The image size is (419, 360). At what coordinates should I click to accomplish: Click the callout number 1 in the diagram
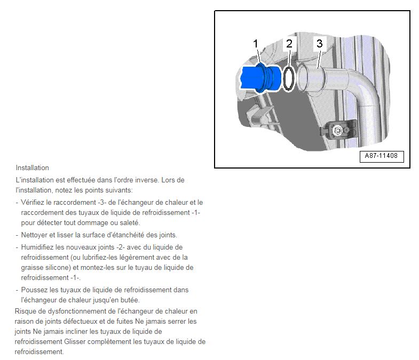pos(256,44)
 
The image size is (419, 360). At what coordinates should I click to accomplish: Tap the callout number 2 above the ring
pos(289,44)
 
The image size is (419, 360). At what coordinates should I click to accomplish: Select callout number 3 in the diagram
pos(319,43)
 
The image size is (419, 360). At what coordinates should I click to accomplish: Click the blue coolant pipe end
pos(261,78)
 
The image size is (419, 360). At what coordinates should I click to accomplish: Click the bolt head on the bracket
pos(337,130)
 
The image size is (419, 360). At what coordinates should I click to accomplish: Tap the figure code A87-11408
pos(381,156)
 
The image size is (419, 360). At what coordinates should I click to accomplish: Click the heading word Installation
pos(33,167)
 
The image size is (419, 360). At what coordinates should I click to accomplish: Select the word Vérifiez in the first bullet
pos(33,203)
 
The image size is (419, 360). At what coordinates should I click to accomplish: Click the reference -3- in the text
pos(102,203)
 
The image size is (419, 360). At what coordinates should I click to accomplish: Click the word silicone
pos(58,268)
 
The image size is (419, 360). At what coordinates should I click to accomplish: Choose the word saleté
pos(130,223)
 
